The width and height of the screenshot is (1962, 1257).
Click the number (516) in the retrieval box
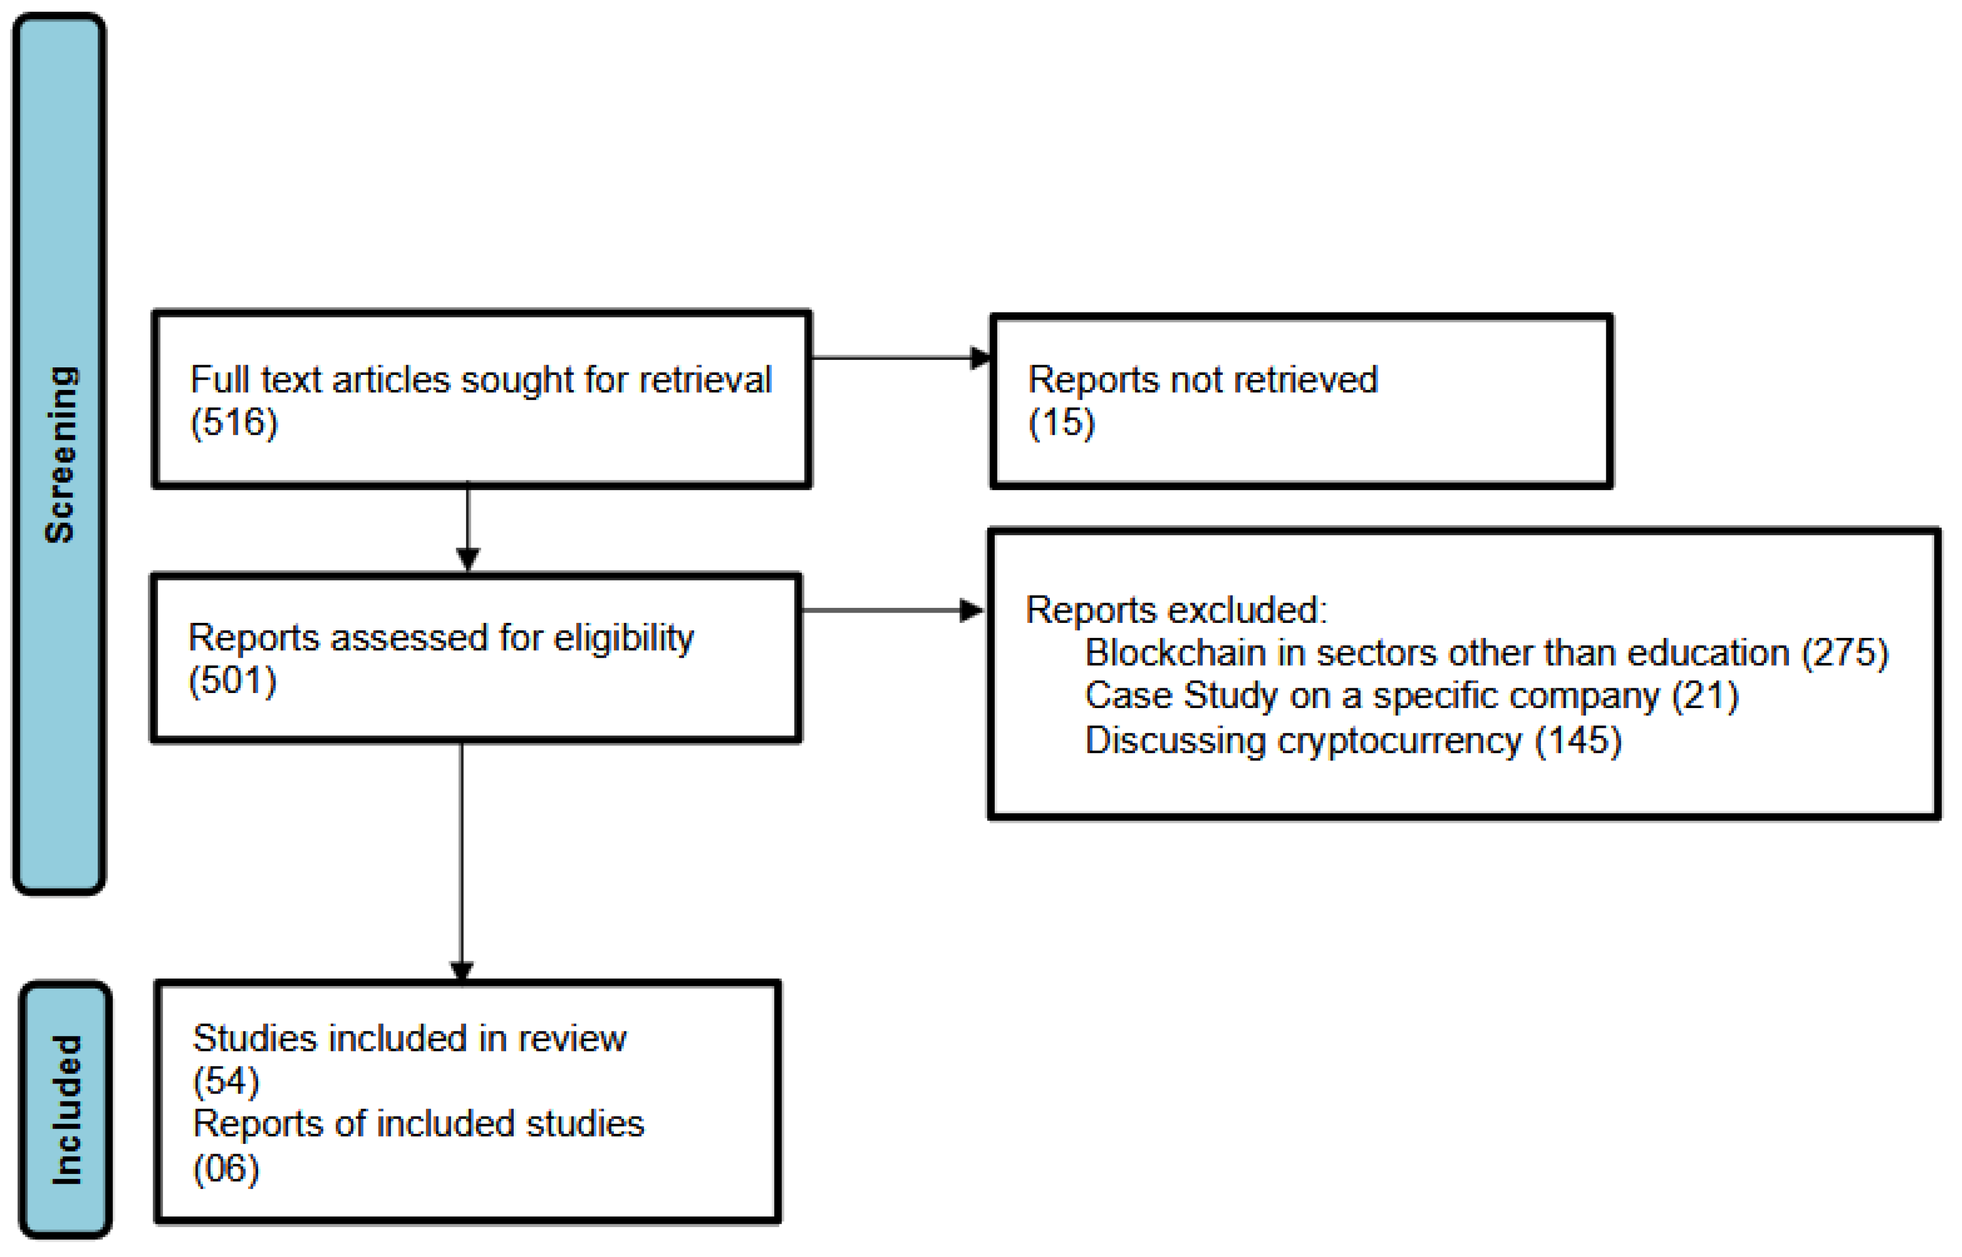[234, 423]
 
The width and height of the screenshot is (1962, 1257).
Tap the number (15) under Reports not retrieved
[1061, 423]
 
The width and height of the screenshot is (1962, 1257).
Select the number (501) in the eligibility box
[232, 681]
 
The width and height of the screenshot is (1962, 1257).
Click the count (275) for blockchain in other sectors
[1845, 653]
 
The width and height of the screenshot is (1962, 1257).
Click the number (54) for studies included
[226, 1081]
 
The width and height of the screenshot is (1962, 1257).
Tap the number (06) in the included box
[226, 1169]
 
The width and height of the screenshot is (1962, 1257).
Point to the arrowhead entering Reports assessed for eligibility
[468, 559]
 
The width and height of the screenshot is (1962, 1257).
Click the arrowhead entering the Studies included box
[462, 970]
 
